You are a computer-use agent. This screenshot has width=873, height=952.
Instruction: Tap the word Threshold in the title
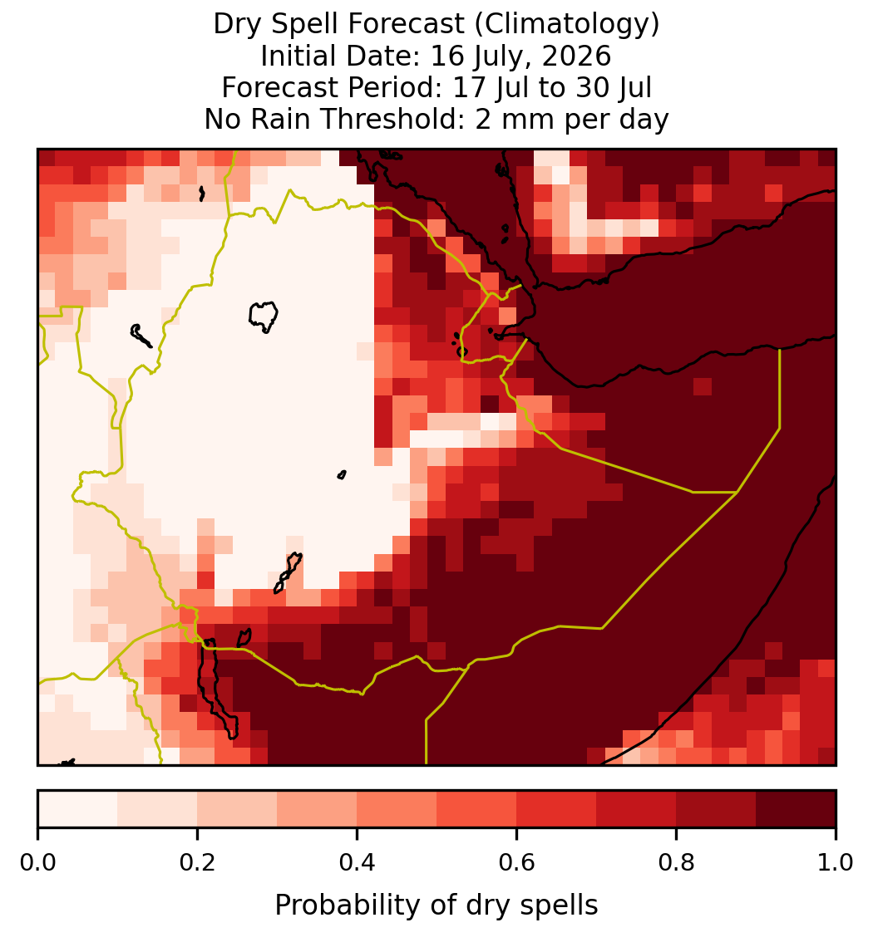pyautogui.click(x=387, y=119)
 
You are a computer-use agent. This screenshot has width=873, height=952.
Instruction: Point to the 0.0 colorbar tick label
pyautogui.click(x=37, y=863)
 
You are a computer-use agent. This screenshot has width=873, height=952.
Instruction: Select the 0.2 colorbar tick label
pyautogui.click(x=197, y=863)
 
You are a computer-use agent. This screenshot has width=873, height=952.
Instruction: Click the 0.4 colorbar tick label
pyautogui.click(x=358, y=863)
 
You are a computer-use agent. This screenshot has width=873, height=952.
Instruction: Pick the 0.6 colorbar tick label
pyautogui.click(x=517, y=863)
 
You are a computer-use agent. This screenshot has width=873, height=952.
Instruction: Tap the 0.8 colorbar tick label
pyautogui.click(x=677, y=863)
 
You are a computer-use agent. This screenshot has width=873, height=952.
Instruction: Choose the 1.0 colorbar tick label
pyautogui.click(x=836, y=863)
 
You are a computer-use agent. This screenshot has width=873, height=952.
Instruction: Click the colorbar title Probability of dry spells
pyautogui.click(x=436, y=905)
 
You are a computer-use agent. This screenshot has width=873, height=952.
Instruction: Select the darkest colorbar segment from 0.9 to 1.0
pyautogui.click(x=797, y=809)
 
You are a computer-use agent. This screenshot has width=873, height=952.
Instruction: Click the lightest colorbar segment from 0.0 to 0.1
pyautogui.click(x=78, y=809)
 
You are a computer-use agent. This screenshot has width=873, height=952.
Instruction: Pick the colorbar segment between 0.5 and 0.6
pyautogui.click(x=477, y=809)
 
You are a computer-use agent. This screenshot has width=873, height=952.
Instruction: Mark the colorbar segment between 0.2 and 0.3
pyautogui.click(x=238, y=809)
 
